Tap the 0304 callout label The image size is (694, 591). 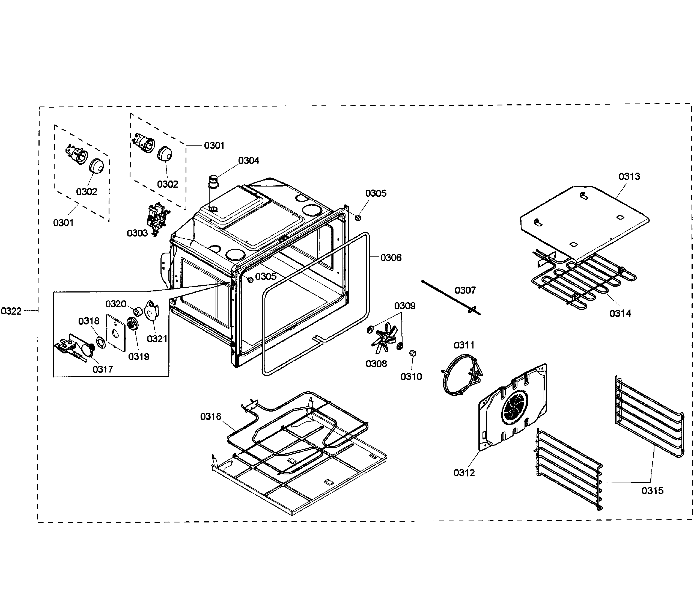click(248, 161)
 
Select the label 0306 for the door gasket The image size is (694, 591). click(391, 257)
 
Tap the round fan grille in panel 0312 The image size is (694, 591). click(514, 407)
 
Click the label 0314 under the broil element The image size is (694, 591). click(620, 313)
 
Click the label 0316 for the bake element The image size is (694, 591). click(211, 416)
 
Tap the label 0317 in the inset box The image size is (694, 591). click(102, 369)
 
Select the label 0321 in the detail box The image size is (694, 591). click(157, 339)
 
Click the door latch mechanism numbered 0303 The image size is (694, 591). click(156, 218)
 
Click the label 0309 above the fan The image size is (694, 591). click(404, 306)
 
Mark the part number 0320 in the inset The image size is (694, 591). click(116, 304)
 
